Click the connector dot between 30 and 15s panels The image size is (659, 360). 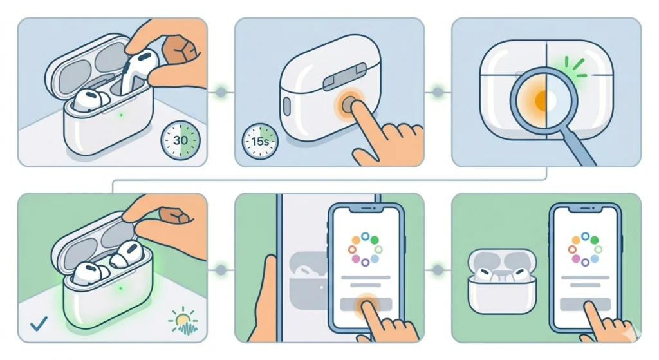pyautogui.click(x=221, y=93)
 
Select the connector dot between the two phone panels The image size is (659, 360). pyautogui.click(x=438, y=267)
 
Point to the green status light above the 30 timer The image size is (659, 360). pyautogui.click(x=121, y=116)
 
